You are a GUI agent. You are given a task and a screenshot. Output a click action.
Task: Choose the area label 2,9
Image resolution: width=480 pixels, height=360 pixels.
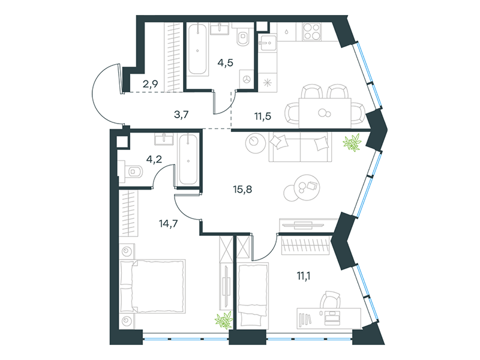point(149,84)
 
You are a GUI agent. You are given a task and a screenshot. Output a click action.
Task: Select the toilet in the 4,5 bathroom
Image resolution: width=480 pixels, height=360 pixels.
point(243,38)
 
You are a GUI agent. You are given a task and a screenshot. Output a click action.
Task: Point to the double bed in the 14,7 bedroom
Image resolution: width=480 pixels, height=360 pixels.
point(152,286)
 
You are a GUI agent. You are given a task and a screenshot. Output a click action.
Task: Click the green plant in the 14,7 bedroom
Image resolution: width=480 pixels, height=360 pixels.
point(223,320)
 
